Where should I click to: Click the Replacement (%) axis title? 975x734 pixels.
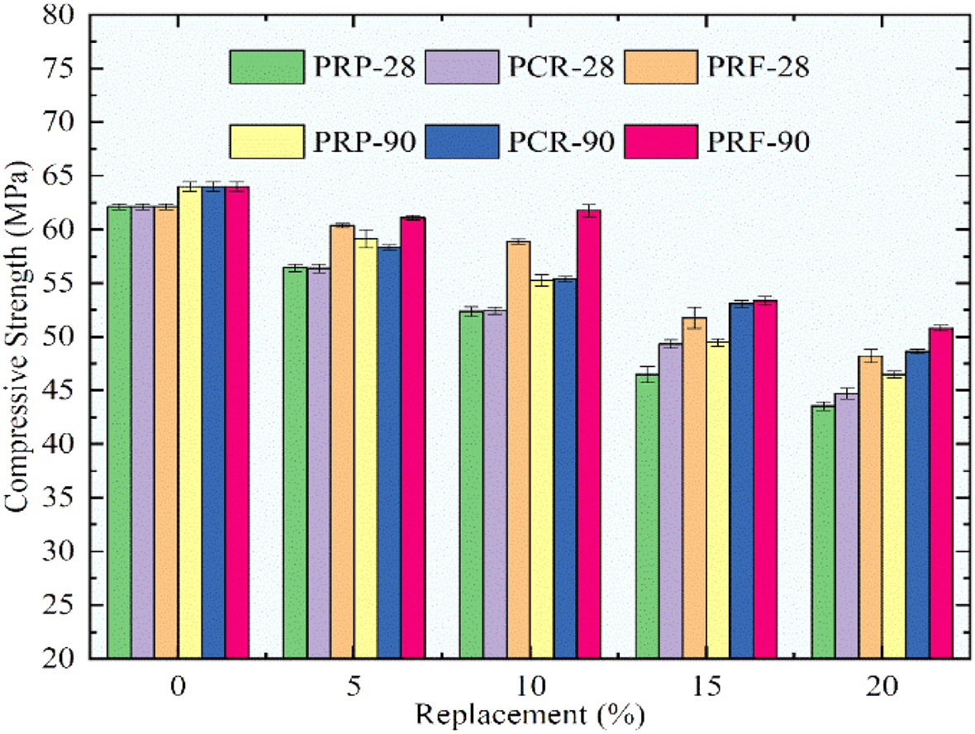coord(529,713)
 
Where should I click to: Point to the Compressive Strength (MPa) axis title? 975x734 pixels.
coord(18,337)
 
